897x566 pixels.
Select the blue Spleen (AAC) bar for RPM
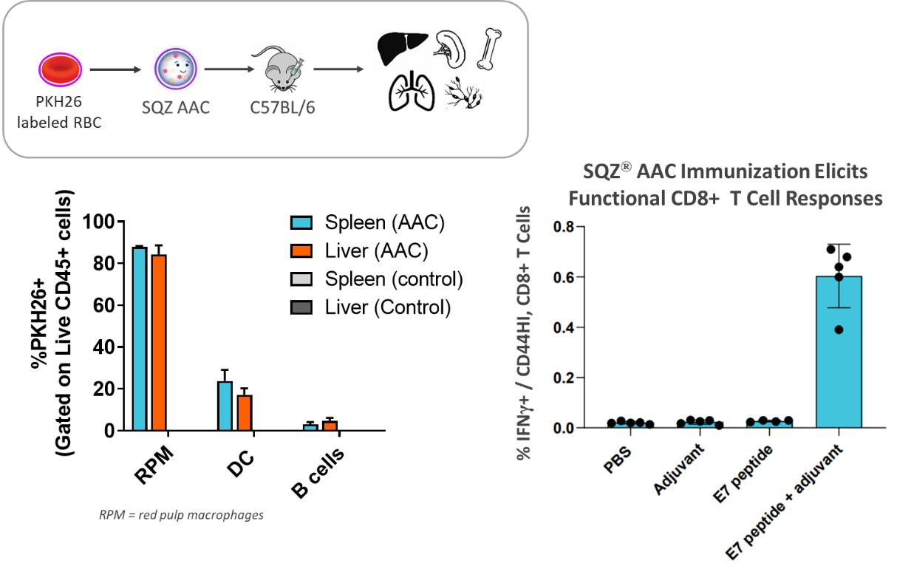click(x=139, y=339)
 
